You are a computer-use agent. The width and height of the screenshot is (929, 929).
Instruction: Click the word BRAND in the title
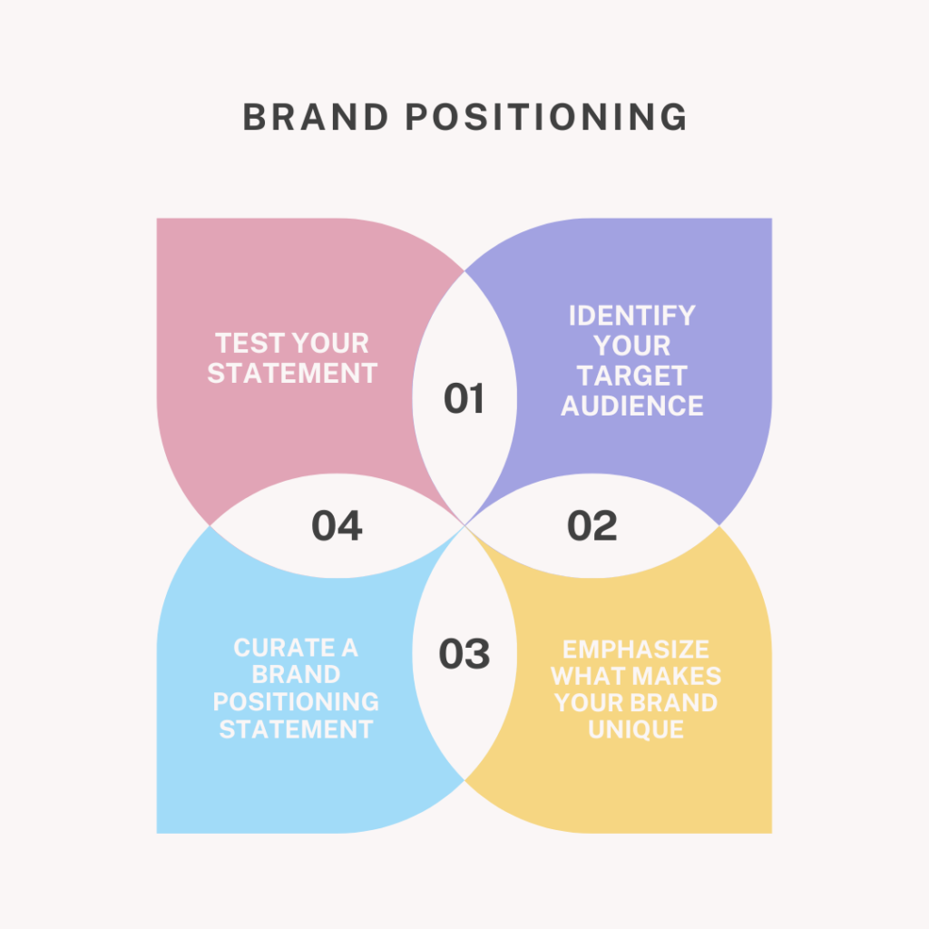coord(314,118)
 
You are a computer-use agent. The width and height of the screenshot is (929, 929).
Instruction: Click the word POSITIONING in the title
coord(545,118)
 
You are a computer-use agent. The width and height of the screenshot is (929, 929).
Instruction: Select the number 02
coord(592,526)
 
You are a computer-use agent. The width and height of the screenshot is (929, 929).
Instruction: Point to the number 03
coord(464,654)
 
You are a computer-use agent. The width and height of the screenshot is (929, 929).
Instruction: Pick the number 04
coord(337,526)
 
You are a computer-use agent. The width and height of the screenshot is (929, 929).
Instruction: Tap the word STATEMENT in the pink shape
coord(292,373)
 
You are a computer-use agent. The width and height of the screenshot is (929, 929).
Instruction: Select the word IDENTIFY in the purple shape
coord(632,316)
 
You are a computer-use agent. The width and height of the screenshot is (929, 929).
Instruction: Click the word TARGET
coord(632,376)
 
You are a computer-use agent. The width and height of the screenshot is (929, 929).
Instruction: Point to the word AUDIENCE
coord(632,406)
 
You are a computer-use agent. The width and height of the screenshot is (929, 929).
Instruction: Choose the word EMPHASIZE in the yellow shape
coord(635,650)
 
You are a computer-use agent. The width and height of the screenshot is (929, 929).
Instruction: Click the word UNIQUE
coord(635,729)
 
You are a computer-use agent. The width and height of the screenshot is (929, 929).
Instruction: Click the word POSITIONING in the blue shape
coord(296,702)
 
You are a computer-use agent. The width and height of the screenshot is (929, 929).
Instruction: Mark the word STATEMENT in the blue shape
coord(296,729)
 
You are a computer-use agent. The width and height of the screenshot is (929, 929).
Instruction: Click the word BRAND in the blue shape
coord(296,675)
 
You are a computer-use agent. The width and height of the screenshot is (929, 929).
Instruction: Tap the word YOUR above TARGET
coord(632,346)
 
